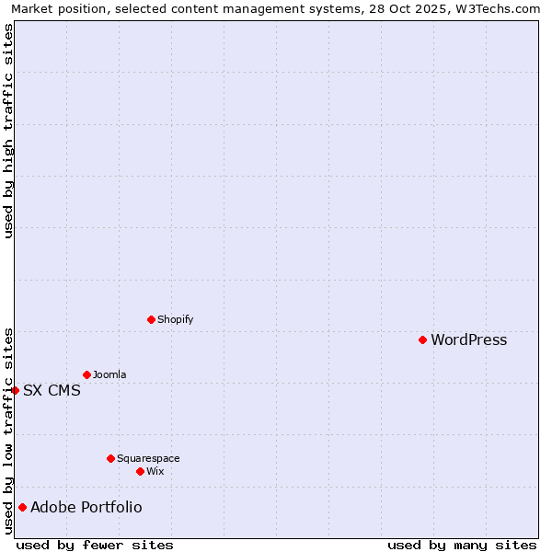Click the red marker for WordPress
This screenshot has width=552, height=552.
pyautogui.click(x=422, y=339)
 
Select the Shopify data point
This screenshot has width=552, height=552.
pyautogui.click(x=151, y=319)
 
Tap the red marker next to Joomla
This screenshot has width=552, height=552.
pyautogui.click(x=86, y=374)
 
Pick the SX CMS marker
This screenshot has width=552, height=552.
pyautogui.click(x=15, y=390)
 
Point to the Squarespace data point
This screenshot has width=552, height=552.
pyautogui.click(x=110, y=458)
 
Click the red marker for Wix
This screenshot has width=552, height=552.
pyautogui.click(x=140, y=471)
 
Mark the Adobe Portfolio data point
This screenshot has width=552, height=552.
pyautogui.click(x=22, y=507)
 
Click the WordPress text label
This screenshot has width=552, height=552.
pyautogui.click(x=468, y=340)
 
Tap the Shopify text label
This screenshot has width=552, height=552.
pyautogui.click(x=175, y=320)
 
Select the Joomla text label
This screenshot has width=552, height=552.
pyautogui.click(x=109, y=375)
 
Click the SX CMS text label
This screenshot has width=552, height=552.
pyautogui.click(x=52, y=391)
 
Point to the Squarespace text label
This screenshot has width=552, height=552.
pyautogui.click(x=148, y=459)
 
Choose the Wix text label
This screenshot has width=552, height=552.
pyautogui.click(x=155, y=472)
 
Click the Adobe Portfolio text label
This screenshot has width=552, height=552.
pyautogui.click(x=86, y=508)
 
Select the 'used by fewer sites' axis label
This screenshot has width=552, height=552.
pyautogui.click(x=95, y=545)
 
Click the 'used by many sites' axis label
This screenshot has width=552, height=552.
pyautogui.click(x=462, y=545)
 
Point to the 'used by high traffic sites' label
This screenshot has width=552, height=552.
pyautogui.click(x=9, y=131)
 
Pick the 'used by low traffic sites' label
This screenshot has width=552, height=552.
pyautogui.click(x=9, y=431)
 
